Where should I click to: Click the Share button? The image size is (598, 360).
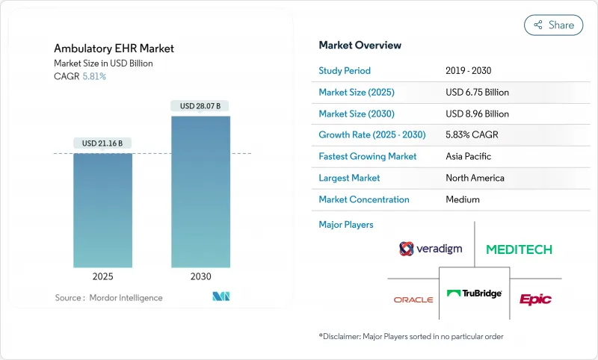tap(553, 25)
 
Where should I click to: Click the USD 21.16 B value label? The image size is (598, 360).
tap(102, 143)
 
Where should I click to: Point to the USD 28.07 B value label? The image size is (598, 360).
tap(200, 106)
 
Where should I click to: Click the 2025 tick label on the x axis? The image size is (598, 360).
tap(102, 276)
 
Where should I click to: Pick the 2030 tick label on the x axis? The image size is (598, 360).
tap(200, 276)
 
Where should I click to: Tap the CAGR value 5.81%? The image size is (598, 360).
tap(93, 76)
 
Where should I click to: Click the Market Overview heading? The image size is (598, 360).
tap(360, 45)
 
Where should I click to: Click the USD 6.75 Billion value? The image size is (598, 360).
tap(477, 93)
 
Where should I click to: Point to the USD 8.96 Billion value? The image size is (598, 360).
tap(477, 114)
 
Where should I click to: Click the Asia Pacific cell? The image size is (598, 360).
tap(468, 157)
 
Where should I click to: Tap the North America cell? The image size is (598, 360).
tap(475, 178)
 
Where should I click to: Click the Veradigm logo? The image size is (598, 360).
tap(430, 249)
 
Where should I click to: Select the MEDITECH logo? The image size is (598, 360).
tap(519, 249)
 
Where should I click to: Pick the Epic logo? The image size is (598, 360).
tap(535, 299)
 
